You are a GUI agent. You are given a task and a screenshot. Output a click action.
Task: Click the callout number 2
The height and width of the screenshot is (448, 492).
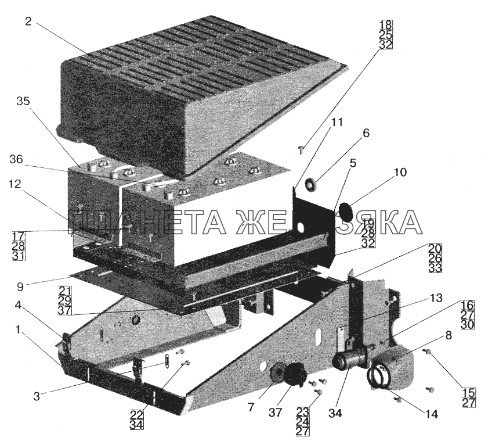tap(28, 22)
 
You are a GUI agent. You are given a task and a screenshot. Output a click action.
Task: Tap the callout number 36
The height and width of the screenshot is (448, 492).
tap(16, 160)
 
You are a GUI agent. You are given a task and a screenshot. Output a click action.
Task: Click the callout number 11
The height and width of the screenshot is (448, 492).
tap(337, 122)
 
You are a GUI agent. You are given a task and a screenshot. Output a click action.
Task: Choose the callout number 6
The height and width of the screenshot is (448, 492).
tap(366, 134)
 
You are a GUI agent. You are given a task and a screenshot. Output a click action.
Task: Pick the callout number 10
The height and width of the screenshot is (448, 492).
tap(398, 173)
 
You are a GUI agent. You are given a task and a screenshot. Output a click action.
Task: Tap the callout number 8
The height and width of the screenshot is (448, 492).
tap(448, 336)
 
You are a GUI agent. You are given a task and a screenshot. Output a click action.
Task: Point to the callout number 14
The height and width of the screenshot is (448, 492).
tap(432, 414)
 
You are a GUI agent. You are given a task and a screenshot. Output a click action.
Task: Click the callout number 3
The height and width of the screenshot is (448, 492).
tap(37, 396)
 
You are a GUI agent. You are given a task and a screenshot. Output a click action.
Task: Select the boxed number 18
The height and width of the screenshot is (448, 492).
tap(386, 24)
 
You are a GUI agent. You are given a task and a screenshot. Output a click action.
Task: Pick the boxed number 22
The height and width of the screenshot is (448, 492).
tap(137, 415)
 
